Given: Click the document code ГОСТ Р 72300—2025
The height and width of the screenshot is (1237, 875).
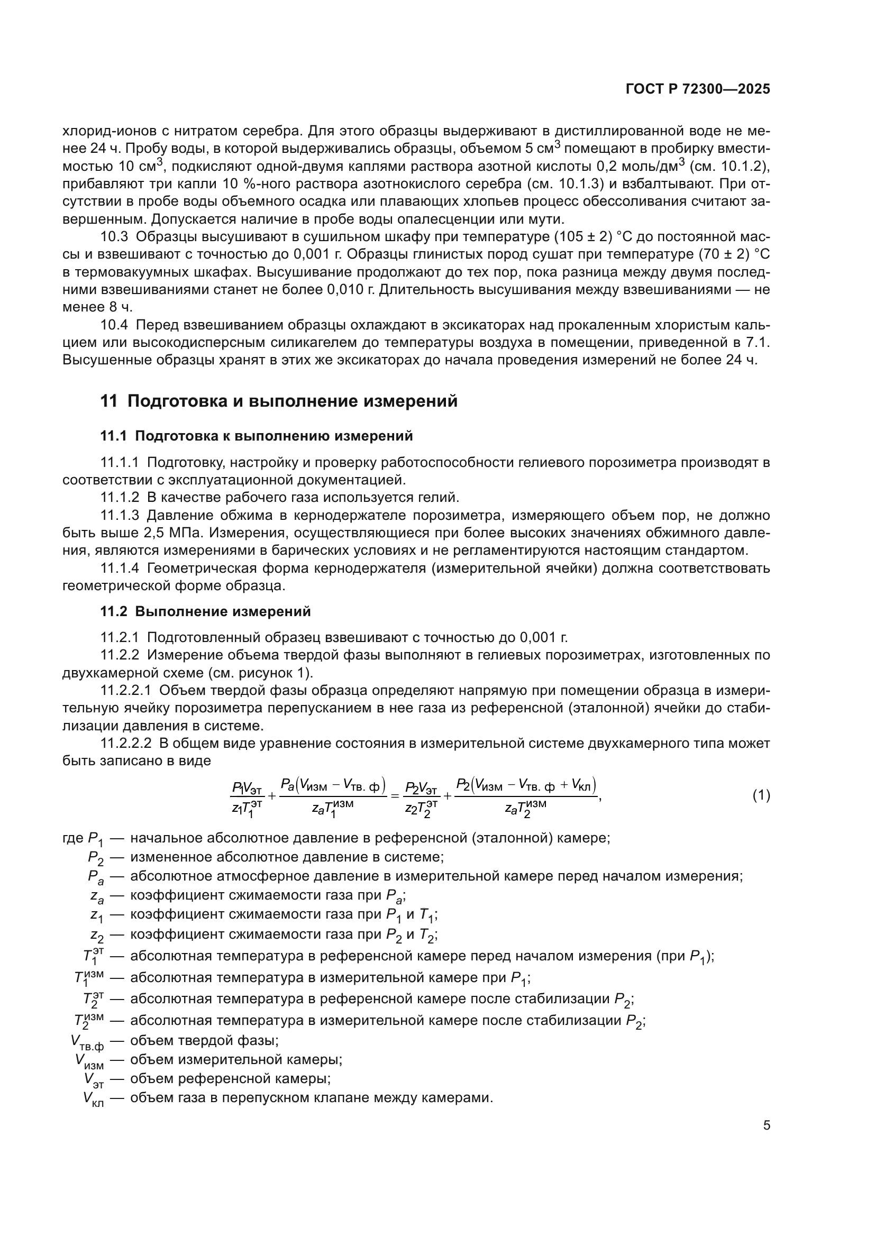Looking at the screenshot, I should [x=698, y=89].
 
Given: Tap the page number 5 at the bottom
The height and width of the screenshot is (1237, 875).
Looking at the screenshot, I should [x=766, y=1125].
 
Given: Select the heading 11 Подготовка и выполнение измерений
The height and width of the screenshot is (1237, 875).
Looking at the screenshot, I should [x=279, y=401].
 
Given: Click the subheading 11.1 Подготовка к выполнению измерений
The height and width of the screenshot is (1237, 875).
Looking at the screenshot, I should [x=257, y=436].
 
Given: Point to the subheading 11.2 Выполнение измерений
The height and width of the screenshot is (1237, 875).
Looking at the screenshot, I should [x=205, y=611].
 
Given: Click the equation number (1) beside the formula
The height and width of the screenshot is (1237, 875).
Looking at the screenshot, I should [x=761, y=795].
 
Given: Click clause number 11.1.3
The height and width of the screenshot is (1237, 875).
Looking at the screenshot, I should [x=120, y=516].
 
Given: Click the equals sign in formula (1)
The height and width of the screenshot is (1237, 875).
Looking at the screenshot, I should [x=395, y=795].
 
